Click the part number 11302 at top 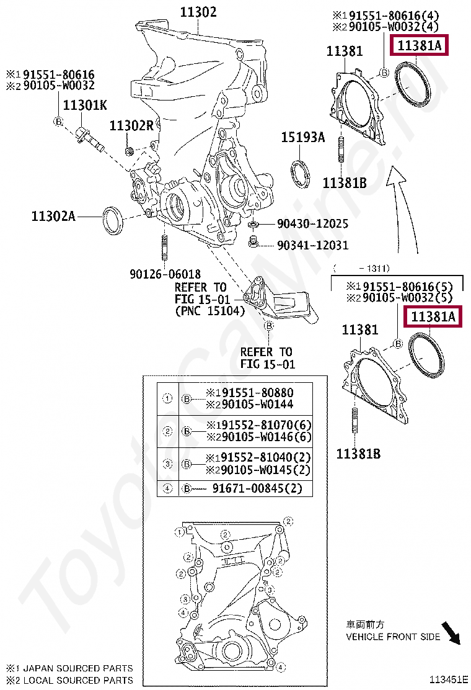[x=198, y=11]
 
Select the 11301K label [x=84, y=105]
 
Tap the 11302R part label [x=131, y=125]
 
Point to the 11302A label [x=53, y=216]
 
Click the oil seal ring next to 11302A [x=112, y=220]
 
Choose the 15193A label [x=303, y=138]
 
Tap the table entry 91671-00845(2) [x=257, y=488]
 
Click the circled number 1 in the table [x=167, y=398]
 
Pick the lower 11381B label [x=358, y=454]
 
